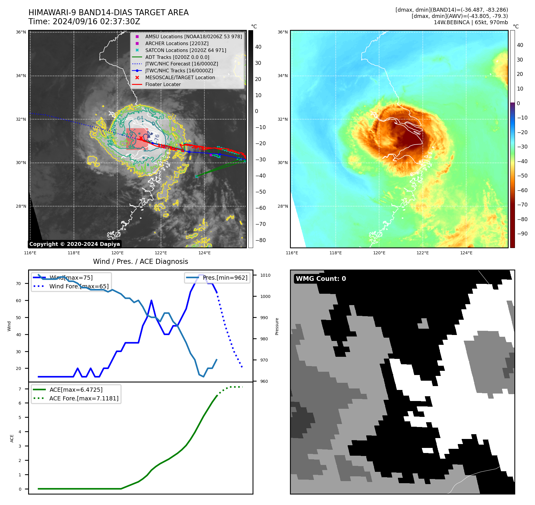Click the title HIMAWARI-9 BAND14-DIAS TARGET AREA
108,13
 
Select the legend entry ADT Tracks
177,57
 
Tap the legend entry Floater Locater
163,84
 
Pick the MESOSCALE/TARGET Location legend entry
180,77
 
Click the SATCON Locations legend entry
186,50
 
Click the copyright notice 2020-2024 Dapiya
75,244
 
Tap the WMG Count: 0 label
321,278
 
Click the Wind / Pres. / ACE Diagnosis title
140,261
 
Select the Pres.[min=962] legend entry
225,278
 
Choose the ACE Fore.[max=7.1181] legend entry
84,398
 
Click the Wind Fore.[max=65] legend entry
79,286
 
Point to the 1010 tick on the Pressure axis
265,275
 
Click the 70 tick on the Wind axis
19,284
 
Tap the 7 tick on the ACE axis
20,389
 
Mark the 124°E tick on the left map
204,253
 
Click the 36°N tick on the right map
282,32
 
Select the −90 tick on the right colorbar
522,234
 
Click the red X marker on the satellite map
141,138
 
